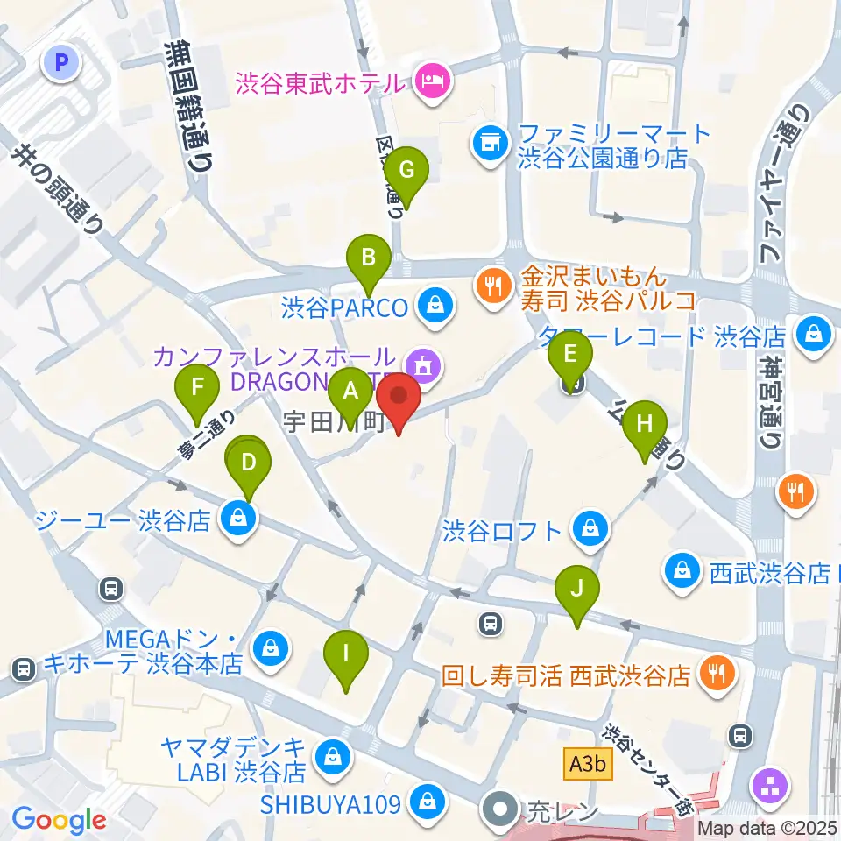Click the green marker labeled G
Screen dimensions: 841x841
coord(406,171)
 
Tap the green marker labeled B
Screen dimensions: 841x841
coord(369,258)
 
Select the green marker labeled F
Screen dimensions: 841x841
coord(197,387)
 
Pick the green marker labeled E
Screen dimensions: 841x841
coord(570,355)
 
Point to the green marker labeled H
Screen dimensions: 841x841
coord(645,424)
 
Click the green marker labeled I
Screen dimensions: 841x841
coord(346,654)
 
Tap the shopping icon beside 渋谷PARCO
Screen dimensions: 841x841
coord(434,306)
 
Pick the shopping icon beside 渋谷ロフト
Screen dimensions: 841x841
coord(590,528)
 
